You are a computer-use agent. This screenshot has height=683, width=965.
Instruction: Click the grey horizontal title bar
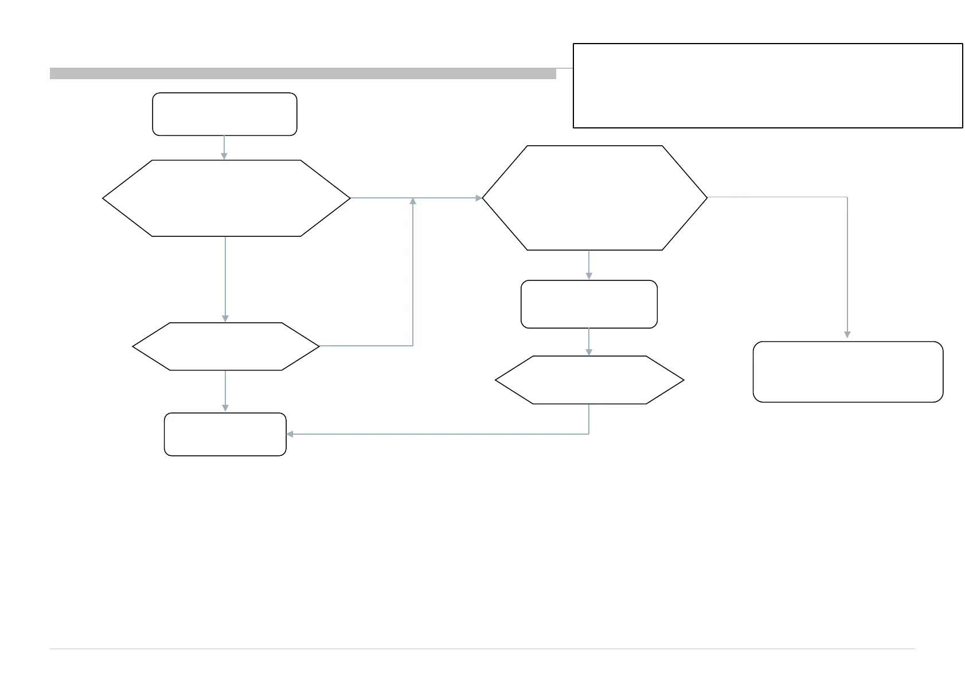point(303,73)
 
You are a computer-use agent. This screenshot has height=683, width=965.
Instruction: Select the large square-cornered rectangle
point(767,85)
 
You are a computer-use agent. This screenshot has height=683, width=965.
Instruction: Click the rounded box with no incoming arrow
point(224,114)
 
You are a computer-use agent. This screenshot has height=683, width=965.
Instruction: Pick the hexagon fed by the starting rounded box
point(226,198)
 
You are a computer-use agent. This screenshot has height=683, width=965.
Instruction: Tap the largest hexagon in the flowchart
point(595,198)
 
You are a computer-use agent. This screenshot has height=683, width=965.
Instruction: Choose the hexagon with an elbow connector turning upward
point(225,346)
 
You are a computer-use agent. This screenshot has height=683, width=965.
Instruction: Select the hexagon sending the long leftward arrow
point(589,380)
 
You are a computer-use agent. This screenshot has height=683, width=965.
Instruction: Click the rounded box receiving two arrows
point(225,434)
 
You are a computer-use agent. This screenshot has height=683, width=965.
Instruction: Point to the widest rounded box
point(847,372)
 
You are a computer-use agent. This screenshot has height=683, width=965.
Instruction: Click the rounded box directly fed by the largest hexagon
point(589,304)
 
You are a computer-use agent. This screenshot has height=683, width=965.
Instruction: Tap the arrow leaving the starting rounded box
point(224,147)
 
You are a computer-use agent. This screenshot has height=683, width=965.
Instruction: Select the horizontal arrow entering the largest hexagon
point(447,198)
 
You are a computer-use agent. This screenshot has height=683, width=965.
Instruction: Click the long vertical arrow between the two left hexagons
point(225,279)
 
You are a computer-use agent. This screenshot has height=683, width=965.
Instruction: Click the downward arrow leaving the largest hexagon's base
point(589,265)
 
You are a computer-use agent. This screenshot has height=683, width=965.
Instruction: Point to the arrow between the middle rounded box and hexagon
point(589,342)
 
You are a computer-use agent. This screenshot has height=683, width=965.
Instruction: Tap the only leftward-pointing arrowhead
point(290,434)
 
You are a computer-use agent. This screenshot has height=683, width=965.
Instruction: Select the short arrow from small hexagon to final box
point(225,391)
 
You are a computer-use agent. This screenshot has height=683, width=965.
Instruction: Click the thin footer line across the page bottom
point(482,649)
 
